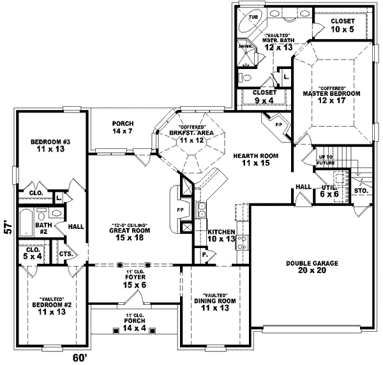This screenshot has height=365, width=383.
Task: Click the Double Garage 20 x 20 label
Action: click(x=312, y=267)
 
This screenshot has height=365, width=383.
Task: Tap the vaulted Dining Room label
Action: click(x=214, y=304)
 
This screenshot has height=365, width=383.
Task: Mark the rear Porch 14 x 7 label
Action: click(x=121, y=128)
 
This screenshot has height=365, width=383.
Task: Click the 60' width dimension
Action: click(x=79, y=357)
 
